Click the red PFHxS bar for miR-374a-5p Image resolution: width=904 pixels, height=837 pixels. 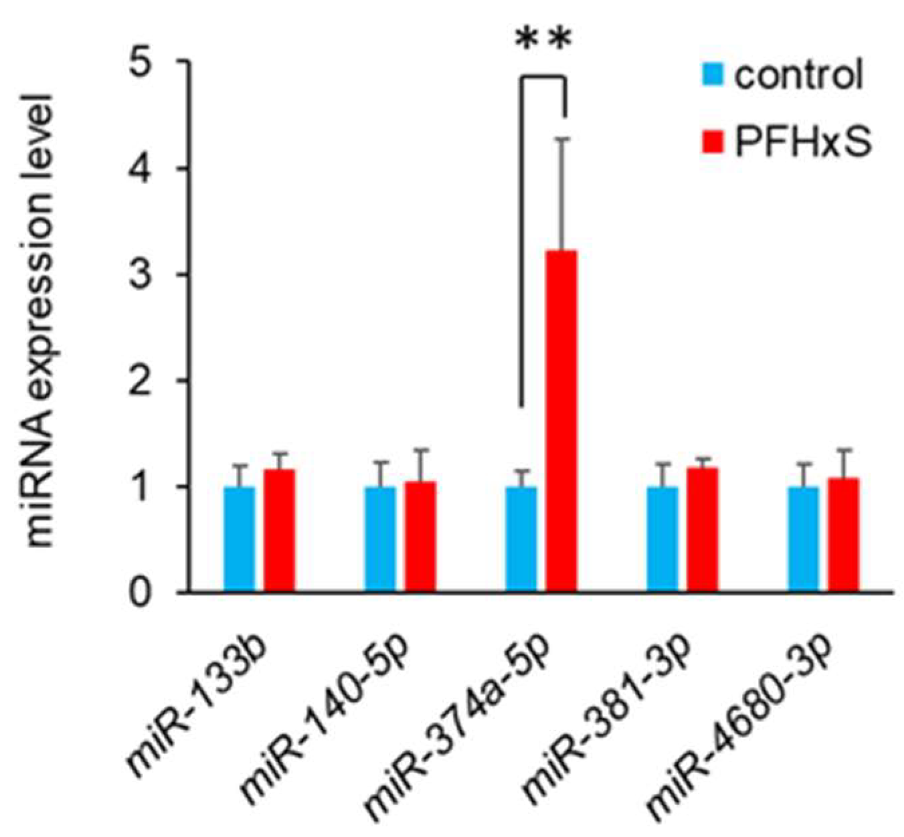point(561,422)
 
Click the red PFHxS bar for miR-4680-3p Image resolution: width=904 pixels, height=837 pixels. point(843,535)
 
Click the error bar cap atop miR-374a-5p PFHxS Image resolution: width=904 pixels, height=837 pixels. point(561,138)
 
